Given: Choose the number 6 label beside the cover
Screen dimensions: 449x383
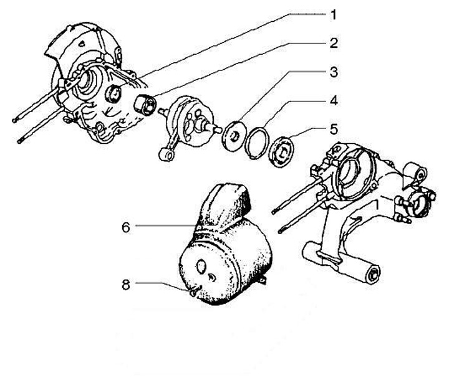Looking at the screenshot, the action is (x=125, y=227).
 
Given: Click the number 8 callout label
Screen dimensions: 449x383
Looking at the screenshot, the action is (x=125, y=285).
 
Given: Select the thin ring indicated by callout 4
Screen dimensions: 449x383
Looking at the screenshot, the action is (x=257, y=144).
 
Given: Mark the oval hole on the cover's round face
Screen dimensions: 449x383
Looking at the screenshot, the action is (x=202, y=266).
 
